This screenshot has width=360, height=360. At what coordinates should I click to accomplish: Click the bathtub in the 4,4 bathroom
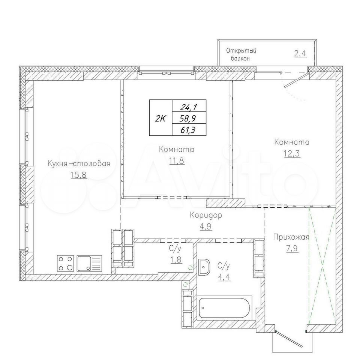coord(225,308)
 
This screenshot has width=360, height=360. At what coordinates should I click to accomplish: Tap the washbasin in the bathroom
coord(204,267)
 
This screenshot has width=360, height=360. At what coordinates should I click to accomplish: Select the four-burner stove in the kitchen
coord(65,263)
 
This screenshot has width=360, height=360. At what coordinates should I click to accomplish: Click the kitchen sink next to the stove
coord(90,263)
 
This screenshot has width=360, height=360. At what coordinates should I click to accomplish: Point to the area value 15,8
coord(79,175)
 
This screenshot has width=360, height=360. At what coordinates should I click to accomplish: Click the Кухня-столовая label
coord(79,164)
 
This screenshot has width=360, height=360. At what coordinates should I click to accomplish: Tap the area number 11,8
coord(177,161)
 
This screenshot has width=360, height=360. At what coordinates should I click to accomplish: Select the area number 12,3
coord(292,153)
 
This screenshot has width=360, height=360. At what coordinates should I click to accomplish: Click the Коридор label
coord(206,215)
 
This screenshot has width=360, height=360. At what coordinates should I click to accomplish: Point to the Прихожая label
coord(291,237)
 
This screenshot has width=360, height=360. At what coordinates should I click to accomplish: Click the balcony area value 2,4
coord(300,54)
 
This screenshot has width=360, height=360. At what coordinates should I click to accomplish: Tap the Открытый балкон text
coord(241,54)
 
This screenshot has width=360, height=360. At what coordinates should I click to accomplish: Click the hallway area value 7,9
coord(292,249)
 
